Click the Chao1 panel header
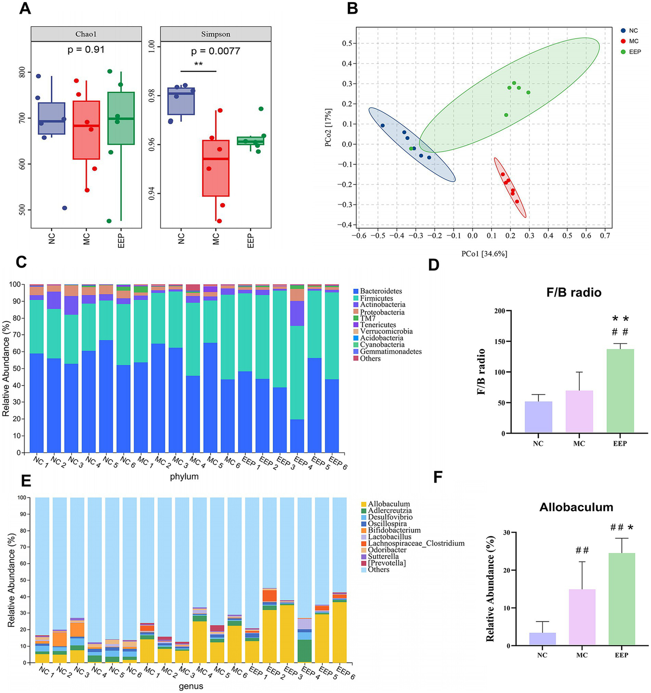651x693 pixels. point(86,34)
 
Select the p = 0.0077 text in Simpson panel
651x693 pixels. point(215,51)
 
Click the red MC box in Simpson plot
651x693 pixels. point(216,168)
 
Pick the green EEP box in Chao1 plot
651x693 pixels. point(121,118)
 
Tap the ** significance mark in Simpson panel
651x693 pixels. point(198,64)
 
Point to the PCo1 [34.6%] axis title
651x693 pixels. point(484,254)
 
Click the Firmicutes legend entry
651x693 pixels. point(376,298)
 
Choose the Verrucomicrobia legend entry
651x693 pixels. point(386,331)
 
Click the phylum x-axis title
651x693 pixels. point(184,477)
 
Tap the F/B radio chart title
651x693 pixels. point(574,292)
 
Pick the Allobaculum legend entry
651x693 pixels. point(388,504)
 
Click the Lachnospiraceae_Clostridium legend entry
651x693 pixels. point(416,543)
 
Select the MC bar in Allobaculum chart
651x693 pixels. point(582,617)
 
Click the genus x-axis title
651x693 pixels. point(190,686)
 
